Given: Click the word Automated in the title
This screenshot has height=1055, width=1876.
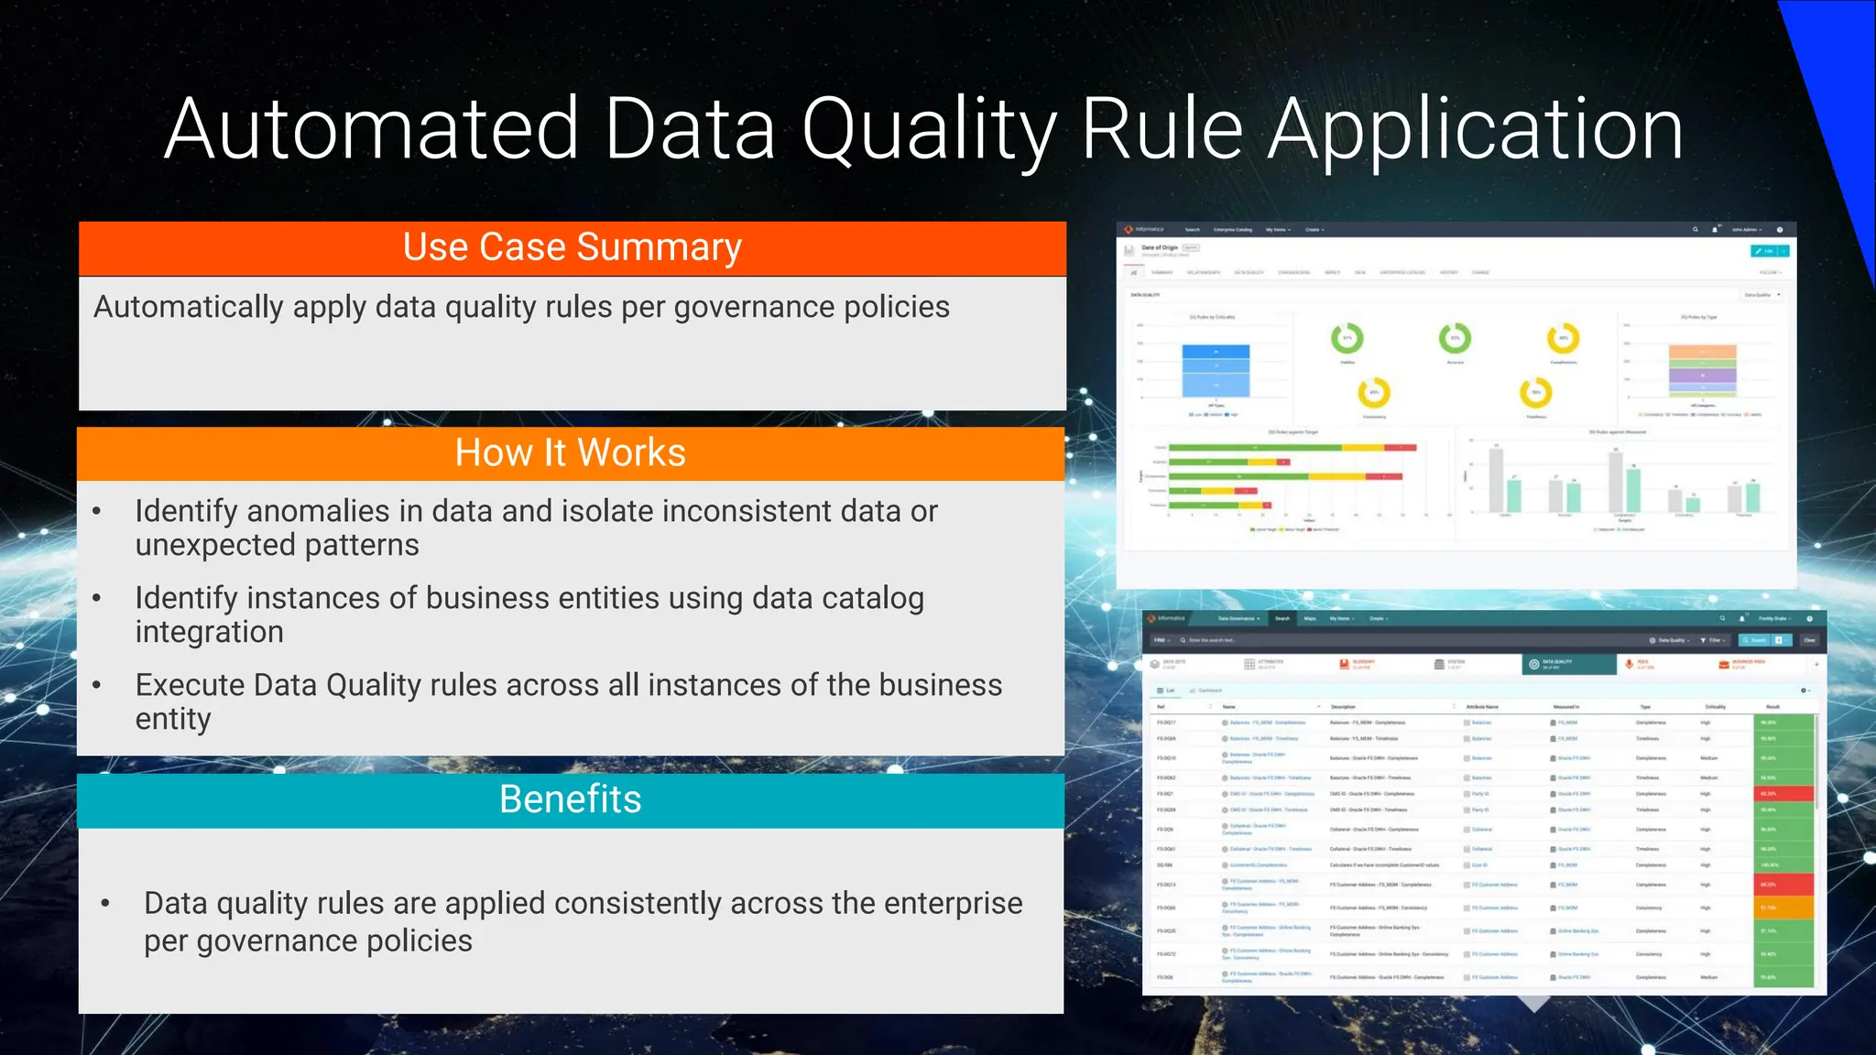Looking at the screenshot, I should point(371,130).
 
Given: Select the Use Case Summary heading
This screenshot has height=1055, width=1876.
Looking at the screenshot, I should point(572,247).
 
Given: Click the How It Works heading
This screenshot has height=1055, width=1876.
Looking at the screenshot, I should point(570,452).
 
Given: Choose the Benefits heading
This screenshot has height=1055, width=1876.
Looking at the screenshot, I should point(570,799).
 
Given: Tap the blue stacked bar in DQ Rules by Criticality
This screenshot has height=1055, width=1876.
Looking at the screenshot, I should point(1216,370).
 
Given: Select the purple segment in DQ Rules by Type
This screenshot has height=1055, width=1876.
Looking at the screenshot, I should point(1702,375).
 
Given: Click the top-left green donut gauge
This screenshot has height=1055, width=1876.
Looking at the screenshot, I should point(1347,338).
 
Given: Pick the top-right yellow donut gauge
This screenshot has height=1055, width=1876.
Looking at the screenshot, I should point(1563,338).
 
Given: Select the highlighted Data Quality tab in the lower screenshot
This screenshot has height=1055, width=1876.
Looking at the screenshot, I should point(1569,664).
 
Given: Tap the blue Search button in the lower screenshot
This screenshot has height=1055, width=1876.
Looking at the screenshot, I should point(1758,640).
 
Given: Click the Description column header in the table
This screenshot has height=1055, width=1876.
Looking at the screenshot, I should point(1343,707).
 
